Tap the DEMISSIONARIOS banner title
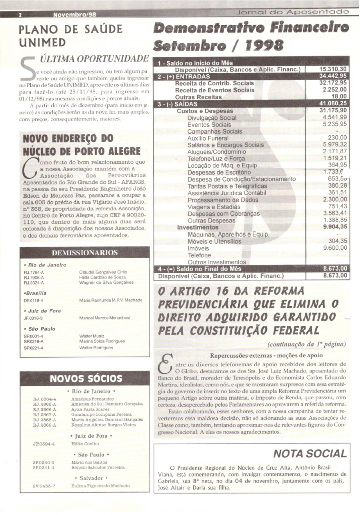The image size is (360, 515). pyautogui.click(x=85, y=252)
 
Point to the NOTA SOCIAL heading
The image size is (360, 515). pyautogui.click(x=310, y=453)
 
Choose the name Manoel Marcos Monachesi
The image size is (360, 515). pyautogui.click(x=105, y=318)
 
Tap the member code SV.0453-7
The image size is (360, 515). pyautogui.click(x=44, y=486)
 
